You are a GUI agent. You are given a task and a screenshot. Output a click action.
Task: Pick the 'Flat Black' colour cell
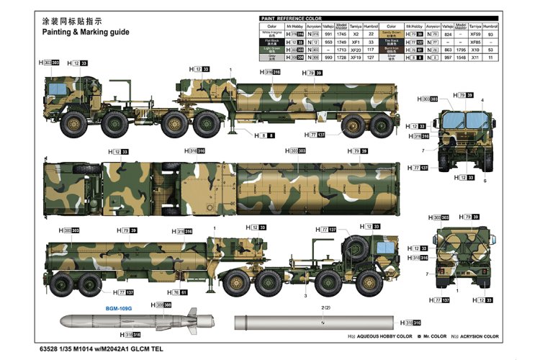271,42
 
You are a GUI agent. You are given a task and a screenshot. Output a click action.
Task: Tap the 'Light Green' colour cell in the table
271,50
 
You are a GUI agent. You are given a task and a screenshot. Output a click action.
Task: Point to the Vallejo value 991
328,34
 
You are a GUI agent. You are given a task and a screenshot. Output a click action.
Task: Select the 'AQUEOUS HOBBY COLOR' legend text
388,336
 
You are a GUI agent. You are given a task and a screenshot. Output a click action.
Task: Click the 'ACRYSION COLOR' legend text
478,336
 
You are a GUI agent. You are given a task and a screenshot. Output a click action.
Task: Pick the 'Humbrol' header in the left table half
370,26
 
